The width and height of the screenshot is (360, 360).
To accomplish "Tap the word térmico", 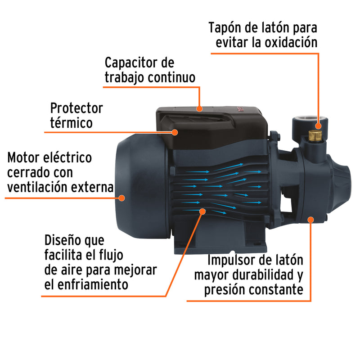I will [72, 123].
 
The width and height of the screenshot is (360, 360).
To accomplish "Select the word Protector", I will [76, 108].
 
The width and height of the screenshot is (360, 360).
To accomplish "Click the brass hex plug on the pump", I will [316, 135].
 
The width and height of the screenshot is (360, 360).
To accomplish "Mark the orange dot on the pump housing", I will [310, 219].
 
